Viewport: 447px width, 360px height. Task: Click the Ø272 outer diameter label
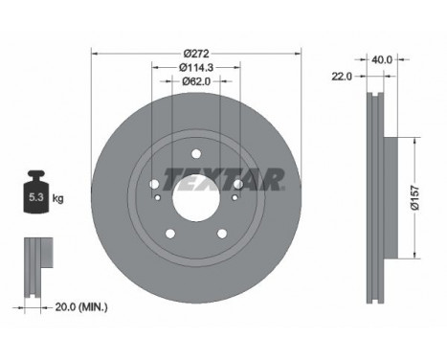click(x=196, y=53)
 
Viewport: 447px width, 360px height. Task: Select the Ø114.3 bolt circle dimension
click(x=196, y=67)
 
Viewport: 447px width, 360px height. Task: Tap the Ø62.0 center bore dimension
click(x=196, y=81)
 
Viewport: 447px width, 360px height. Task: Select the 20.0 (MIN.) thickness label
click(x=81, y=306)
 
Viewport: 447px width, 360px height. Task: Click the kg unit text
click(x=58, y=198)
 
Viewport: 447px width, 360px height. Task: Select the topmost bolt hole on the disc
click(x=196, y=154)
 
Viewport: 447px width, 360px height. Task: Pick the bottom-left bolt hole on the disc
click(x=170, y=234)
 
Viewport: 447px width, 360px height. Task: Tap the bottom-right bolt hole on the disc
click(x=222, y=234)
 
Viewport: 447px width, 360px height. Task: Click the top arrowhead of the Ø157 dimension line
click(x=414, y=140)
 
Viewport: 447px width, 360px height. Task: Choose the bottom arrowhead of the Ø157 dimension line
click(x=414, y=256)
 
